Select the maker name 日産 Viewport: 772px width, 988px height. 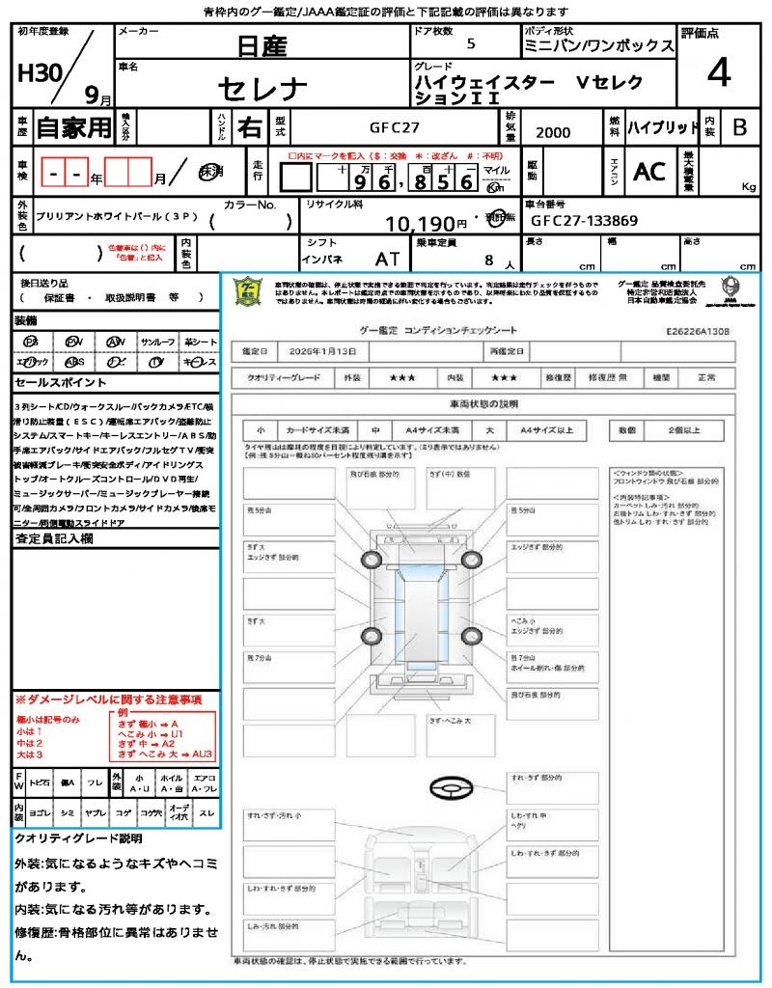point(263,45)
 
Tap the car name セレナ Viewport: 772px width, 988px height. point(262,90)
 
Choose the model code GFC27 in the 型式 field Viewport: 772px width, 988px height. point(395,126)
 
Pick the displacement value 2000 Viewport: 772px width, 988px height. point(553,132)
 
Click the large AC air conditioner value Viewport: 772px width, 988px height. point(649,172)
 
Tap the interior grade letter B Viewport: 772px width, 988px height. point(739,126)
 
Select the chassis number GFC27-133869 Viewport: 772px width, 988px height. point(584,221)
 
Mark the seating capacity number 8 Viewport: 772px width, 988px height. point(489,260)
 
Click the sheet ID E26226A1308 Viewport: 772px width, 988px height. point(698,331)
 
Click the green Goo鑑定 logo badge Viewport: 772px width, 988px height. point(248,292)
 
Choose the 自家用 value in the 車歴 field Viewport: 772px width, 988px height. point(73,126)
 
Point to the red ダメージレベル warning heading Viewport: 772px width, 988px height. point(108,699)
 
